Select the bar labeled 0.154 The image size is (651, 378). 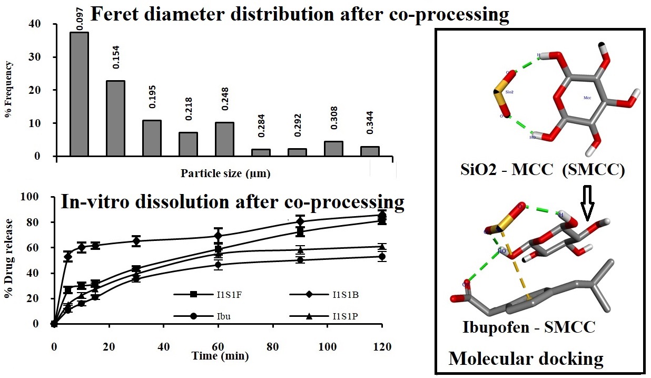tap(115, 118)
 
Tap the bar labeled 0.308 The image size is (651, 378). tap(333, 148)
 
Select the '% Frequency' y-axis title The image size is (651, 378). tap(9, 90)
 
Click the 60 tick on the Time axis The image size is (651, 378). tap(218, 346)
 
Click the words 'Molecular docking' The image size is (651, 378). tap(526, 358)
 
